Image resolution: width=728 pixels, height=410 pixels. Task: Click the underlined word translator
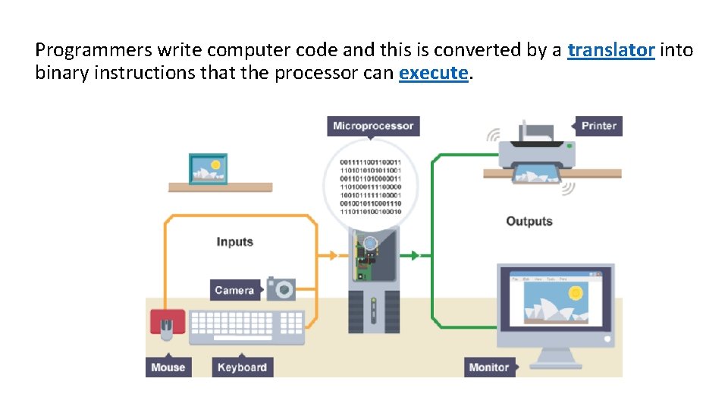coord(610,51)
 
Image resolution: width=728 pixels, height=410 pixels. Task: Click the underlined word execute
coord(434,73)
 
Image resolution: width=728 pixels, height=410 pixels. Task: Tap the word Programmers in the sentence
coord(93,51)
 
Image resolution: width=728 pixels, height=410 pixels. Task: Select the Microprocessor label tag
coord(373,125)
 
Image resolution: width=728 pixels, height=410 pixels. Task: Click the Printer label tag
coord(598,125)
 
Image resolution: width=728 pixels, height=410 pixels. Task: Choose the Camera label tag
coord(234,290)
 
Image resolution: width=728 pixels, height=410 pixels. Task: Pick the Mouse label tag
coord(168,367)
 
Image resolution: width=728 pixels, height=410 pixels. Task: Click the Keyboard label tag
coord(242,367)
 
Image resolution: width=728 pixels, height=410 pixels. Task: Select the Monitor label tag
coord(489,367)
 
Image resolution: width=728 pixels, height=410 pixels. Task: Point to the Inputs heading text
coord(234,241)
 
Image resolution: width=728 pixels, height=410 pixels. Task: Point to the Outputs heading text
coord(529,221)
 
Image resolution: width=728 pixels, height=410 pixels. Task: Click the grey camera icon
coord(281,289)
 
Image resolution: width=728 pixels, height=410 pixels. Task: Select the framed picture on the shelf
coord(208,169)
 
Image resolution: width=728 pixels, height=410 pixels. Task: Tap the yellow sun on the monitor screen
coord(576,292)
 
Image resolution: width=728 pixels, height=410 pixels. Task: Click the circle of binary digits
coord(371,186)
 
